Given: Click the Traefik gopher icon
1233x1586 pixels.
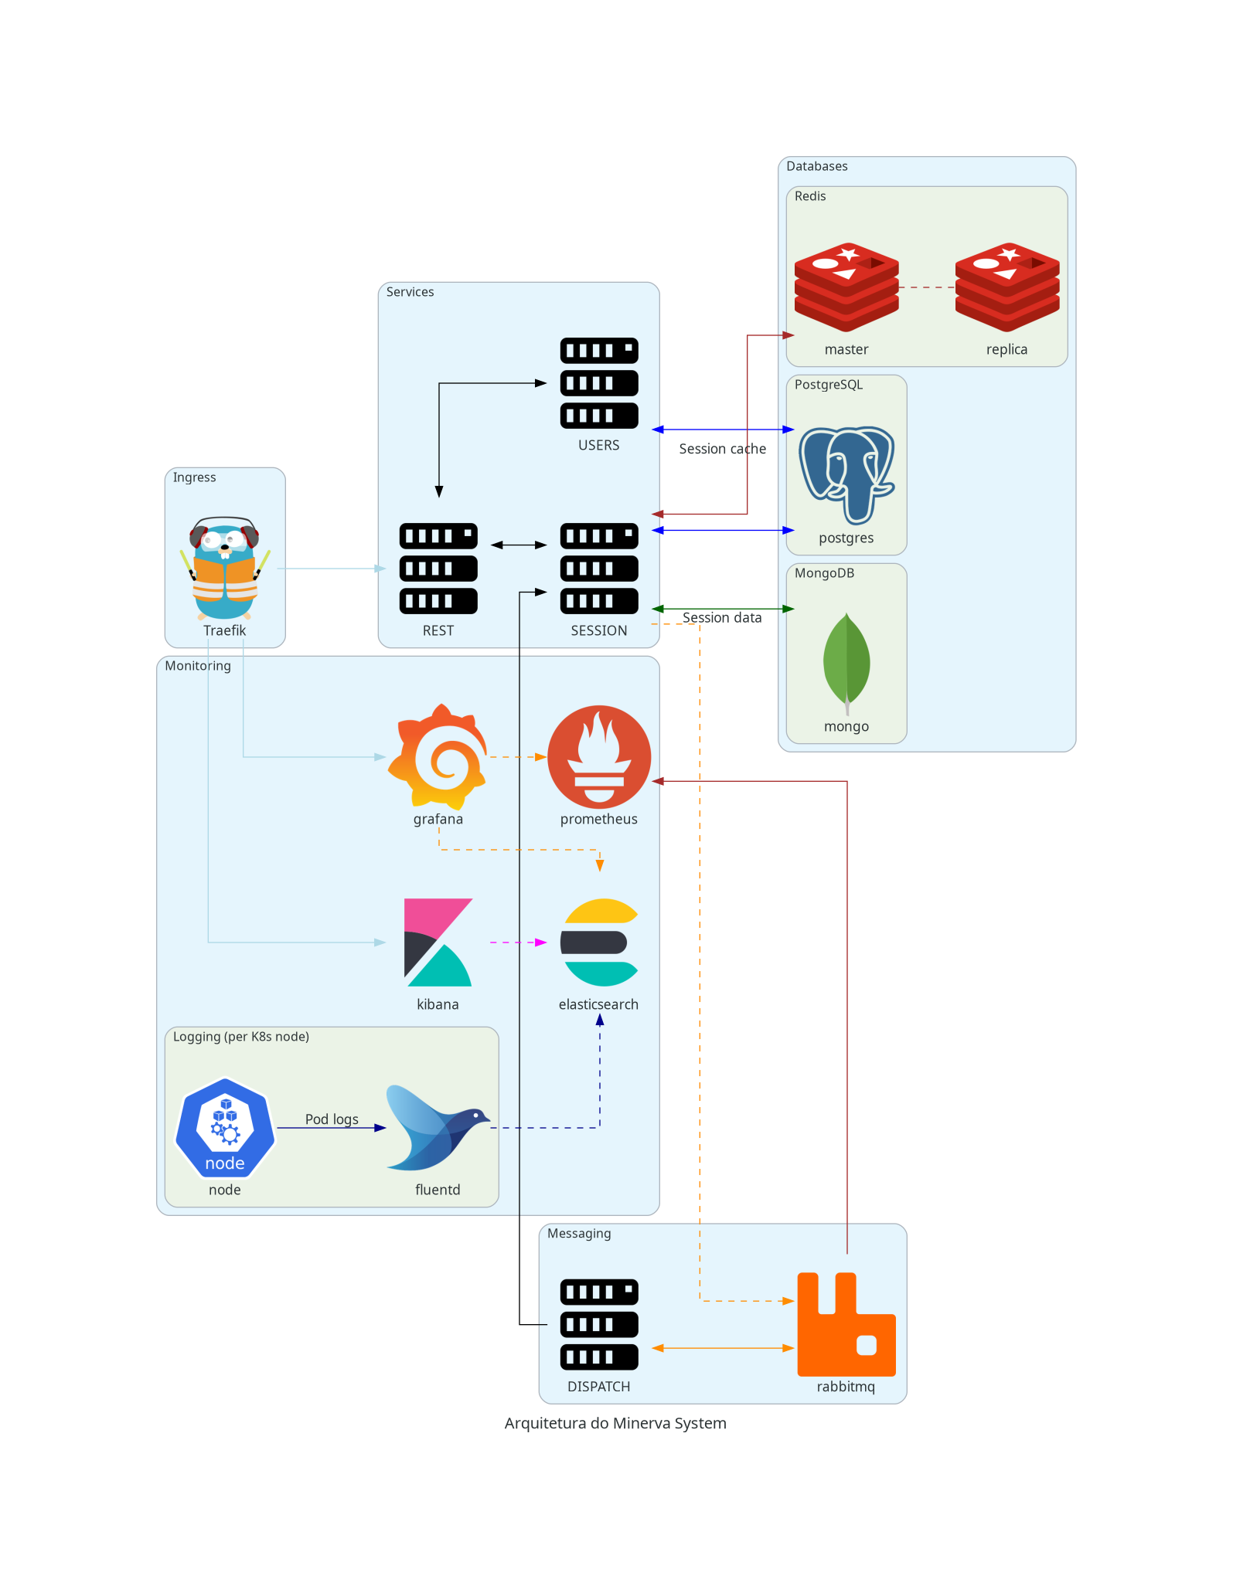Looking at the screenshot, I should click(x=225, y=569).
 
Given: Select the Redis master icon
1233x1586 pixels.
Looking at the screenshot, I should click(x=846, y=287).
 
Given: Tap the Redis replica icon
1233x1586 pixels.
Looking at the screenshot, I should click(x=1006, y=287).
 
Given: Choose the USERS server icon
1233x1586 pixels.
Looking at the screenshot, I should click(x=599, y=383).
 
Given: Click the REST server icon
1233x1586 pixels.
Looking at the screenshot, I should click(x=438, y=569).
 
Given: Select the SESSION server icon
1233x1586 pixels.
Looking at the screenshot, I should click(x=599, y=569).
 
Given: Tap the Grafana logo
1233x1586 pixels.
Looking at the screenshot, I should click(x=438, y=756).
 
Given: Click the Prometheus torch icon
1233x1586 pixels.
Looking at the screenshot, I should click(x=599, y=756).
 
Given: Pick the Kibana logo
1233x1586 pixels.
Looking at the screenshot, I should click(x=438, y=942).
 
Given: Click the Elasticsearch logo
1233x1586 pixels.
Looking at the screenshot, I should click(x=599, y=942).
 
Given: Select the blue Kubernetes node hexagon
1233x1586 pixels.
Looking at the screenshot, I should click(x=225, y=1127).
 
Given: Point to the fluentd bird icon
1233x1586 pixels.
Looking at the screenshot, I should click(x=438, y=1127).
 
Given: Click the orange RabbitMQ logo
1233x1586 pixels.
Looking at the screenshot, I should click(x=846, y=1324).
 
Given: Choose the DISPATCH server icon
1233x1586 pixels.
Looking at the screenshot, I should click(x=599, y=1324).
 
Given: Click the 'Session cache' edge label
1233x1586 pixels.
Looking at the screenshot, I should click(x=722, y=449).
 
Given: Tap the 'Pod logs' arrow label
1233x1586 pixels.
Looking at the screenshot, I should click(x=332, y=1119).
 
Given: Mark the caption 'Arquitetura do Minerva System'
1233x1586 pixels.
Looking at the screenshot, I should click(x=615, y=1423).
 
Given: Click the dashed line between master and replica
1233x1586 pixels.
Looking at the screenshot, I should click(x=927, y=287).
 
